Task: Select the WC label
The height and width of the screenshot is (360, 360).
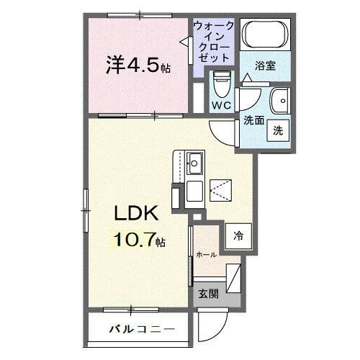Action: (220, 106)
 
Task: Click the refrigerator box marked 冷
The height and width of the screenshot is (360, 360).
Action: (238, 235)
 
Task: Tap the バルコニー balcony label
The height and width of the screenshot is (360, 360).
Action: (141, 330)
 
